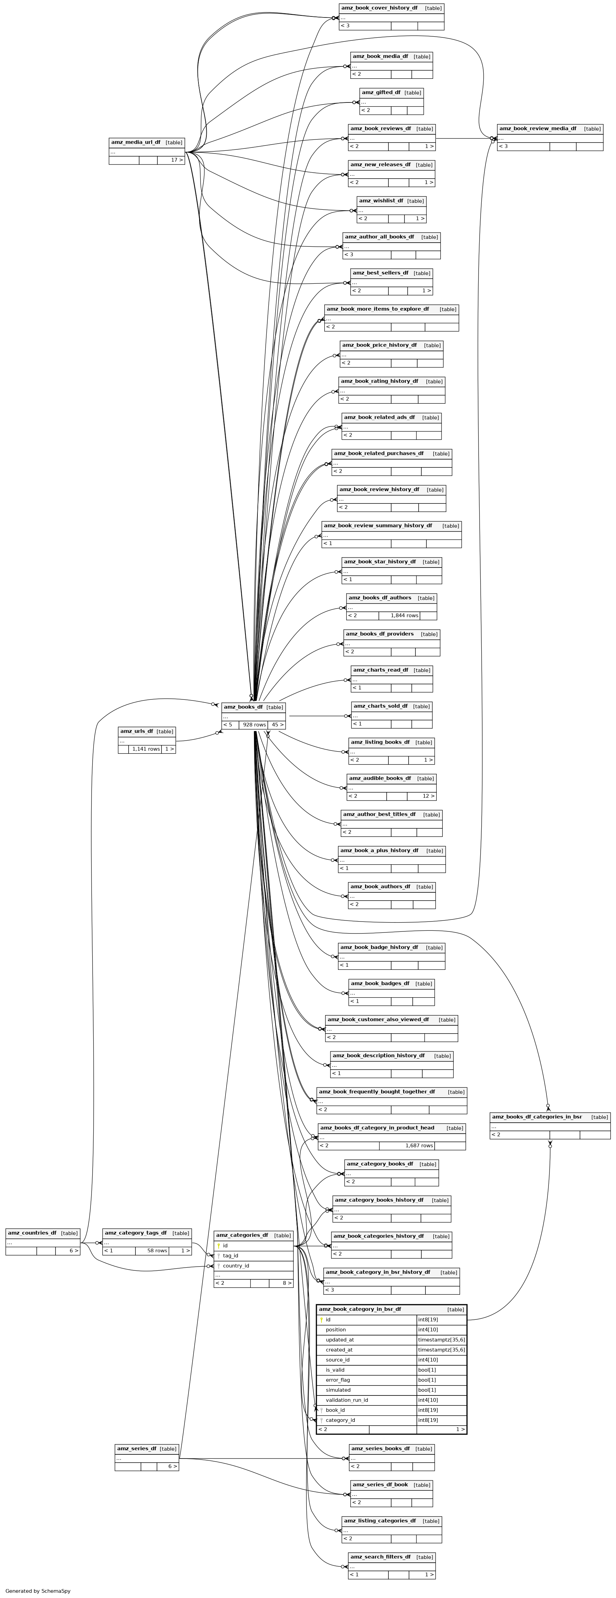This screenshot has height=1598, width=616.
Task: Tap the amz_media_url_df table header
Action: coord(136,142)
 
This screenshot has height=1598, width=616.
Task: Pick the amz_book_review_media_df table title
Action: coord(537,129)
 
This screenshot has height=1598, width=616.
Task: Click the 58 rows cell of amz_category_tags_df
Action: coord(152,1251)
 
